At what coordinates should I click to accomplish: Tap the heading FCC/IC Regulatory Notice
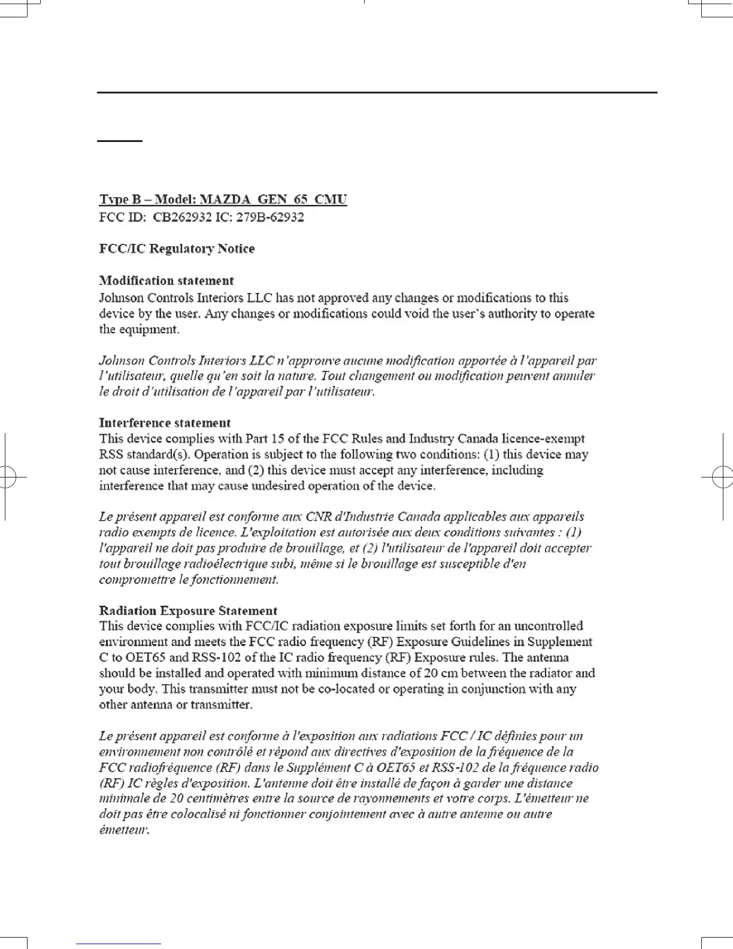(x=177, y=249)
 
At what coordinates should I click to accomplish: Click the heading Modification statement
(x=166, y=280)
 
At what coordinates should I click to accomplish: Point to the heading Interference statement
(x=165, y=423)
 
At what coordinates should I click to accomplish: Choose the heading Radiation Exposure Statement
(x=188, y=610)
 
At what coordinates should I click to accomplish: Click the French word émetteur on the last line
(x=123, y=830)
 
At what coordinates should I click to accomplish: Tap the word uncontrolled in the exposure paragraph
(x=549, y=626)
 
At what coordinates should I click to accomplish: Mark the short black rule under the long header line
(x=120, y=141)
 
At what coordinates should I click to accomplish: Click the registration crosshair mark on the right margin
(x=722, y=477)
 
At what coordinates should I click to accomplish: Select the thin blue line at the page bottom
(x=119, y=944)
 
